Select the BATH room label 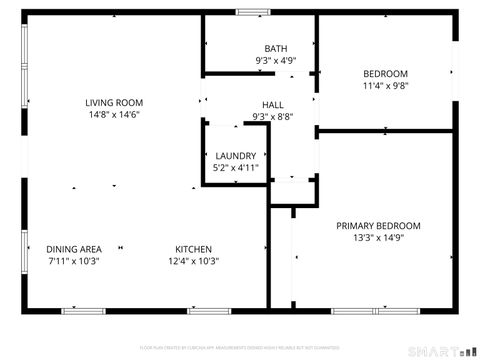pos(275,49)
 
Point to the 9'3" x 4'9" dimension pos(275,61)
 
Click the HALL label pos(273,105)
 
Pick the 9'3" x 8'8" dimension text pos(273,117)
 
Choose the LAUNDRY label pos(236,156)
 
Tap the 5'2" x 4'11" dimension pos(236,168)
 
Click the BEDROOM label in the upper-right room pos(385,74)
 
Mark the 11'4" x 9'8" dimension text pos(385,86)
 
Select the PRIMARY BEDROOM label pos(378,226)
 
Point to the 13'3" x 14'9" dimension pos(378,238)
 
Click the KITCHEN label pos(193,249)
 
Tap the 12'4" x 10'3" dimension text pos(193,261)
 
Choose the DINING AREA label pos(74,249)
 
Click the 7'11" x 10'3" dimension pos(74,261)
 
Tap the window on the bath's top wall pos(252,12)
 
